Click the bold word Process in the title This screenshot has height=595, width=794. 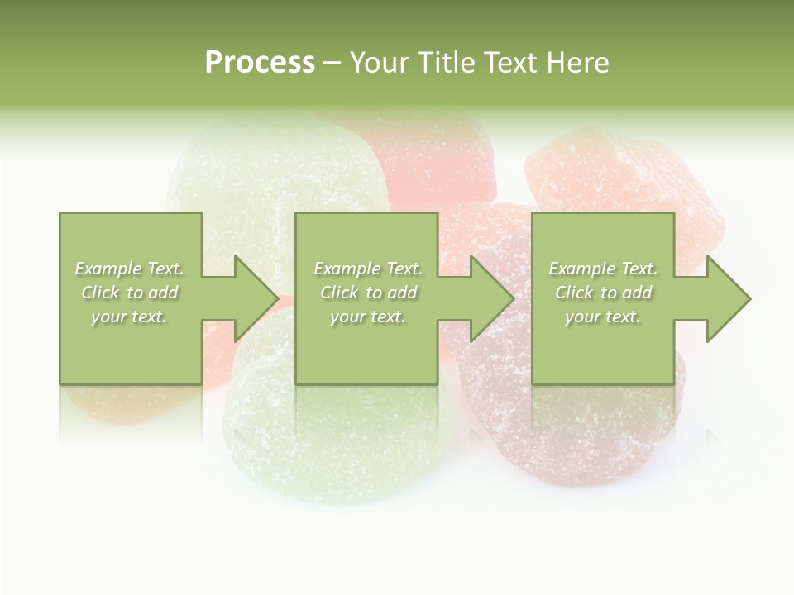tap(260, 63)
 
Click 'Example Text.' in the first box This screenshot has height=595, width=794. tap(130, 269)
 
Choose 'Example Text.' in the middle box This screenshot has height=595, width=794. tap(368, 269)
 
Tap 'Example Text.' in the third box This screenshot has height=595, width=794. tap(603, 269)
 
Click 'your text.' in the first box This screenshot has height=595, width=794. tap(130, 317)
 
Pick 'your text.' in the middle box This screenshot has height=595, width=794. tap(368, 317)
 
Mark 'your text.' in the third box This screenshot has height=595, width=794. tap(603, 317)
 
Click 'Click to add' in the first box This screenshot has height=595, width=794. tap(130, 293)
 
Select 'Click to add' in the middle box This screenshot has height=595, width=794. tap(368, 293)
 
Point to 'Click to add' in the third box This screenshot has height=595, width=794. tap(603, 293)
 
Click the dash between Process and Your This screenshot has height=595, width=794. tap(332, 64)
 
